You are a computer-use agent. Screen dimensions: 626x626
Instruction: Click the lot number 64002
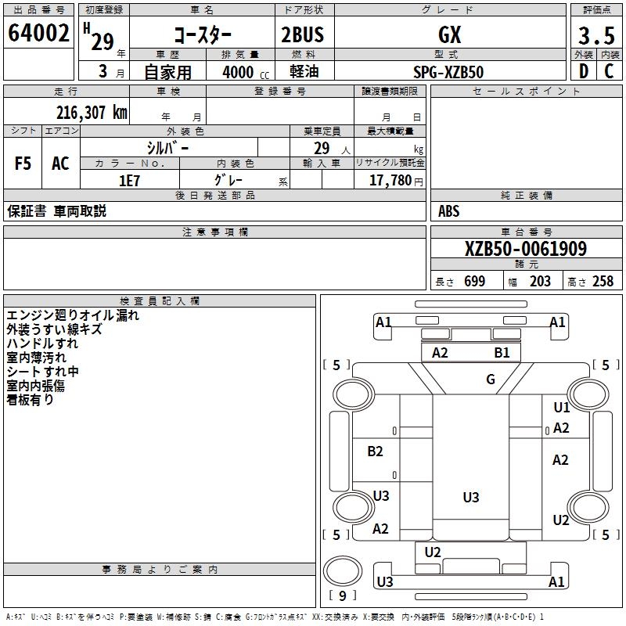38,34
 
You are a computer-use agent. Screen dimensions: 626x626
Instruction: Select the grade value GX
450,34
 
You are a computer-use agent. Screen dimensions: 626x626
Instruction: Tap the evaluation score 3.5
595,36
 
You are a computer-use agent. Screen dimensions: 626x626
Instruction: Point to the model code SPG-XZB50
448,72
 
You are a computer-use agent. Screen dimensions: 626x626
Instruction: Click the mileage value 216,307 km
92,113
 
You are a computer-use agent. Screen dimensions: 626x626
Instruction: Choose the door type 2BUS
302,34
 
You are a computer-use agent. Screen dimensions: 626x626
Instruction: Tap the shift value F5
23,164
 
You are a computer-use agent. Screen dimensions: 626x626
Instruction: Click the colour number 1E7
128,181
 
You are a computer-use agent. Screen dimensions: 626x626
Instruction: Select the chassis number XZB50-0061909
525,249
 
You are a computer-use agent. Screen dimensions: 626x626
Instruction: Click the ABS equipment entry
449,211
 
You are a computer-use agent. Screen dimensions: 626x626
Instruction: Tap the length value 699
474,282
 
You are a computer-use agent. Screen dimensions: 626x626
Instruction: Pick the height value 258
602,282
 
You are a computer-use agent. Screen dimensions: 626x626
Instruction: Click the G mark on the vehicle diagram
491,380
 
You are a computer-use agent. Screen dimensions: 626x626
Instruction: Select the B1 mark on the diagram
502,353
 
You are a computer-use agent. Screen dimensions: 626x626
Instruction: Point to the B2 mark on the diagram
375,452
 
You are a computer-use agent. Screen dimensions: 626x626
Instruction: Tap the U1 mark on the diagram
561,408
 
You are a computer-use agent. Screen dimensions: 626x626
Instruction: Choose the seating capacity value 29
321,147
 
